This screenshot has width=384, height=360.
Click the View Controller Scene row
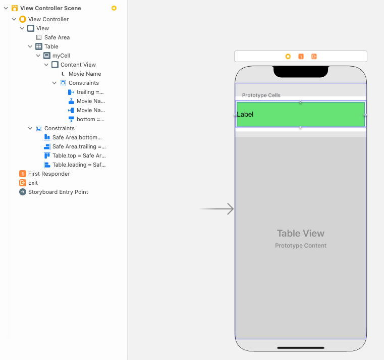click(x=50, y=8)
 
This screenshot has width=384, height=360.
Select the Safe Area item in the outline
click(x=57, y=37)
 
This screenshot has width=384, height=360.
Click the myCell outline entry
click(x=61, y=56)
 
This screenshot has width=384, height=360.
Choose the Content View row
click(x=78, y=65)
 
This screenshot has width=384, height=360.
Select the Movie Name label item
click(x=84, y=74)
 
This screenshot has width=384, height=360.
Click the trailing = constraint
click(x=90, y=92)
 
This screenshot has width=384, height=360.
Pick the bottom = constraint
click(x=90, y=119)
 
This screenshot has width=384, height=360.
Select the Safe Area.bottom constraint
click(x=77, y=137)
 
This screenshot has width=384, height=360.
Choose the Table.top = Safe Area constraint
click(x=79, y=156)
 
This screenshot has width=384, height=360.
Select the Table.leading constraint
click(x=79, y=165)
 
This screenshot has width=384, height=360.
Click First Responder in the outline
click(x=49, y=174)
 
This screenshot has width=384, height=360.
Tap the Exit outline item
click(x=33, y=183)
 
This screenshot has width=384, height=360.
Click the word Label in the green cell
click(x=246, y=115)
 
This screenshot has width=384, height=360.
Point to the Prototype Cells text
click(x=261, y=95)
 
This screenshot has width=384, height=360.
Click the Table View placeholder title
click(x=300, y=233)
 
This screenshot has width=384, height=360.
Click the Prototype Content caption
click(x=300, y=246)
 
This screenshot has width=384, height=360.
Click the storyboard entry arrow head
click(x=231, y=209)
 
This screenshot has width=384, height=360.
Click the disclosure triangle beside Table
click(x=30, y=46)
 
